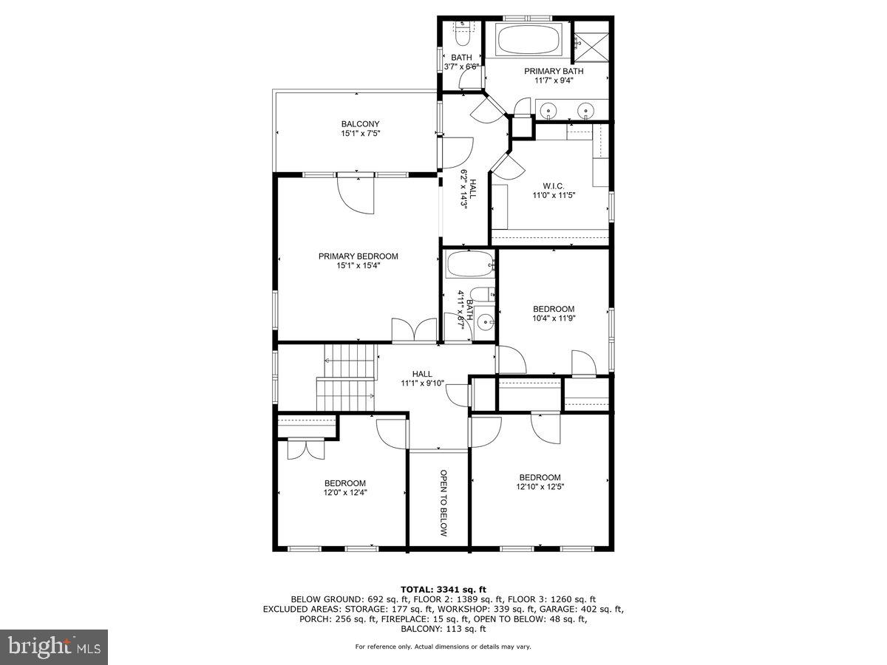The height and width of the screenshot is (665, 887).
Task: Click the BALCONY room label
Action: (360, 124)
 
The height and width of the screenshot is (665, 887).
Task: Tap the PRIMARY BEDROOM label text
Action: (358, 256)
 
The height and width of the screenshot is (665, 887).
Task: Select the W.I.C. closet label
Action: (553, 186)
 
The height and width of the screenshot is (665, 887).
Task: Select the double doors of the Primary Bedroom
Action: (414, 330)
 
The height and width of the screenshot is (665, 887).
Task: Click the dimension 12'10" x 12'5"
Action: (539, 487)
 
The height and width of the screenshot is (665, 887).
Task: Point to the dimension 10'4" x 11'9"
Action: (554, 318)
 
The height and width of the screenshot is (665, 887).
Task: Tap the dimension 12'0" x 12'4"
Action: (344, 493)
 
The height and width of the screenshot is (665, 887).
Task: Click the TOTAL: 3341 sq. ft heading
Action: (443, 589)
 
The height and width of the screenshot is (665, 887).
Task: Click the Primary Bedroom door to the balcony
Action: (356, 194)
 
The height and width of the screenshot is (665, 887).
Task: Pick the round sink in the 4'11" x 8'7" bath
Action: (484, 322)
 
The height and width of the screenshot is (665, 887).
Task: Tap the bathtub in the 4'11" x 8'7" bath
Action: (471, 263)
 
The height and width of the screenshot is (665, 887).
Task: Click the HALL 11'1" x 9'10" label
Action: (422, 378)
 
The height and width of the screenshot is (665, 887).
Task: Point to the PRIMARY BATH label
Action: (554, 71)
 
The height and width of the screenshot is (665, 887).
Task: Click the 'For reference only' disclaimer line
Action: (443, 647)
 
